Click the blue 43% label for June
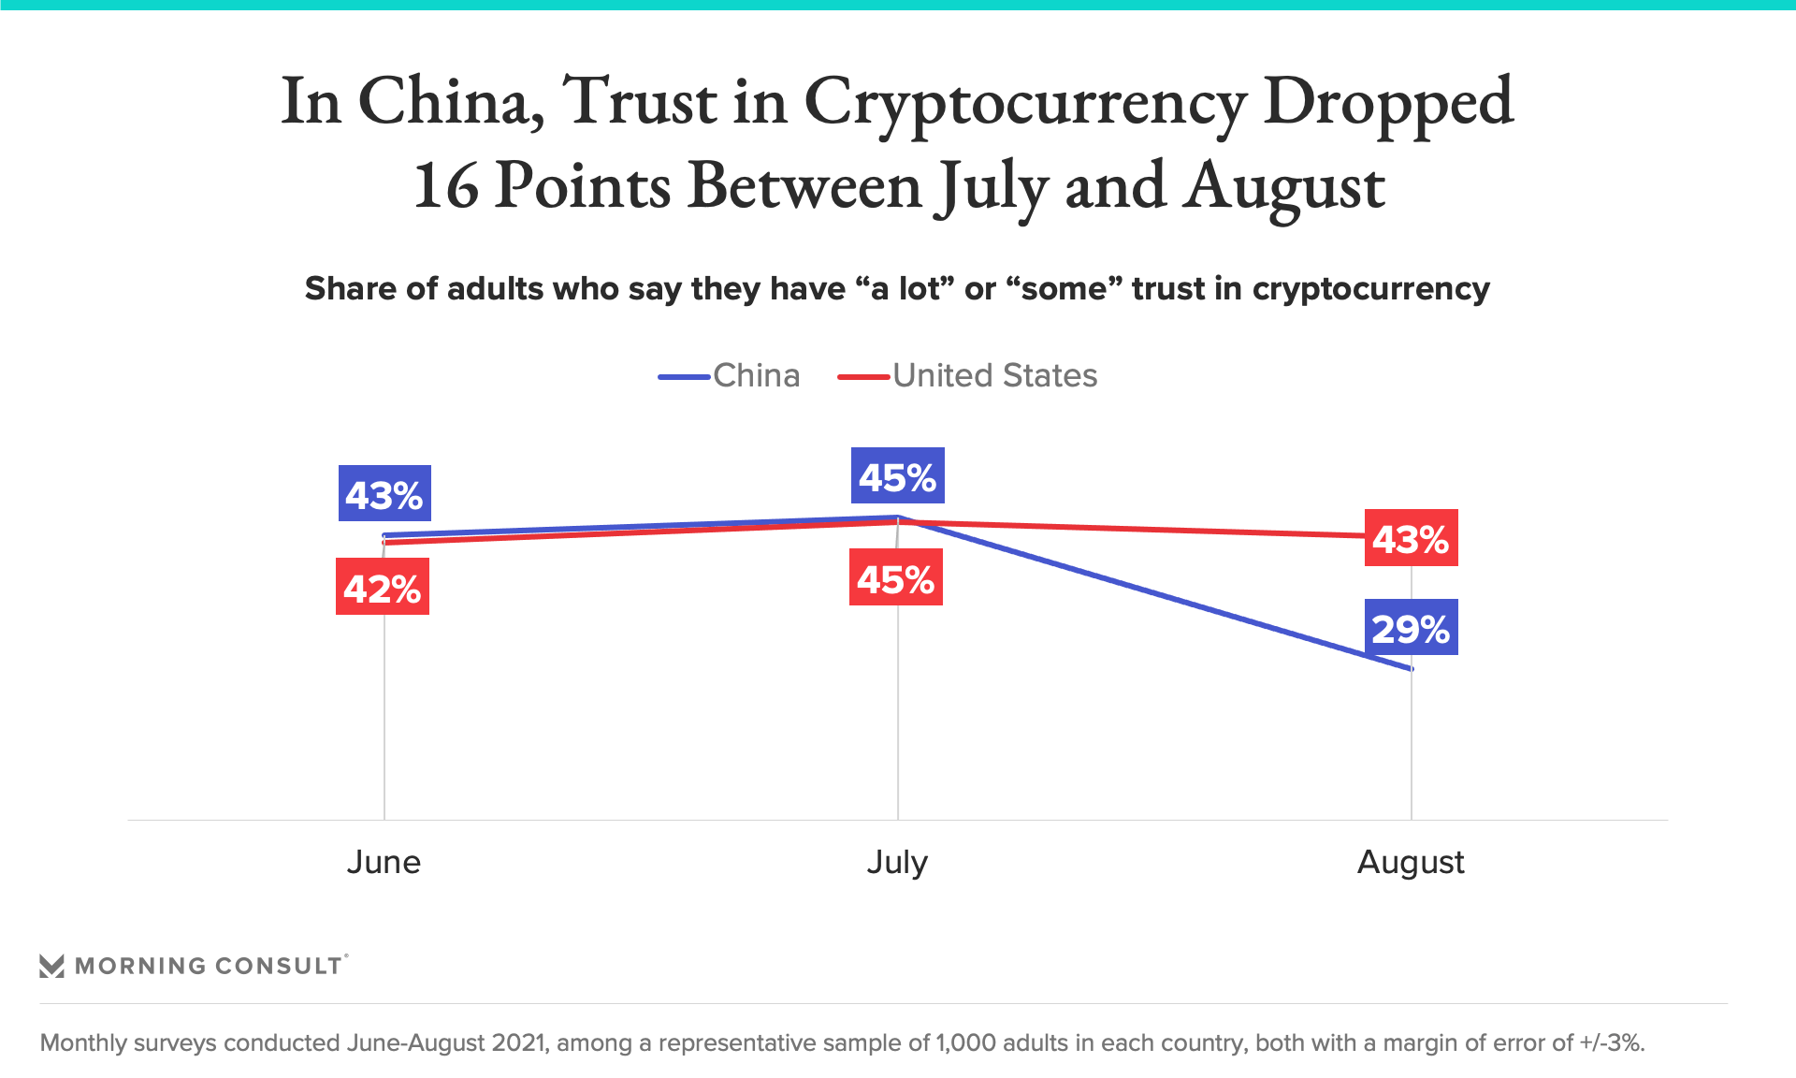point(384,493)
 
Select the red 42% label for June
point(383,587)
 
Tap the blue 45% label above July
point(897,476)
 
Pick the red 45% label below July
point(896,578)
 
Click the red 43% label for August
point(1411,538)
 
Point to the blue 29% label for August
point(1411,628)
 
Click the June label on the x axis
point(384,862)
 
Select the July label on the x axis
point(897,862)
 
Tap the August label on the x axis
point(1411,862)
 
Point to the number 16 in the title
point(446,185)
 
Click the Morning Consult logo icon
point(52,966)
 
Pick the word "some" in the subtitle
point(1065,289)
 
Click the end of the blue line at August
point(1411,669)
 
